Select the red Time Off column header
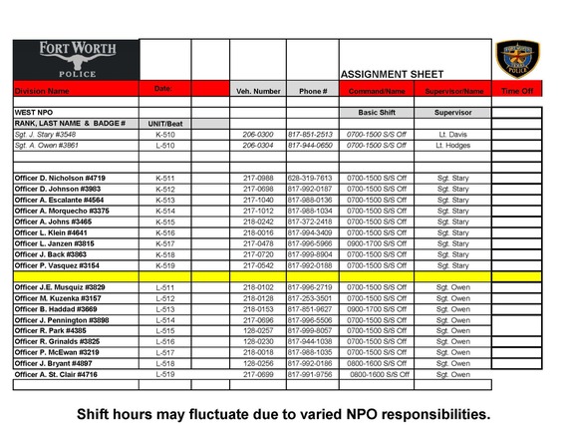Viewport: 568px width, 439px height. [518, 91]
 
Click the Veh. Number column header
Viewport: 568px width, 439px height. [258, 91]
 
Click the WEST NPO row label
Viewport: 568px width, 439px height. [35, 113]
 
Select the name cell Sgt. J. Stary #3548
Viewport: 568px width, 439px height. [46, 134]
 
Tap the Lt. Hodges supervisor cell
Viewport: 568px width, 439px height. [453, 145]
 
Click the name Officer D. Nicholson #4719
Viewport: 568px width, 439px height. [60, 178]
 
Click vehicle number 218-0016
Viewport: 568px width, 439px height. [258, 232]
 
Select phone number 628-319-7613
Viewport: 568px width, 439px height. [313, 178]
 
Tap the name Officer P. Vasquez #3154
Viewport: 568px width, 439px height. [57, 265]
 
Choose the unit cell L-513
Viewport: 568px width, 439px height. [165, 309]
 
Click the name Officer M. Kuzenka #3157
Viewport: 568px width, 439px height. [58, 298]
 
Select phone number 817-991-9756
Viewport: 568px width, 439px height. [313, 375]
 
